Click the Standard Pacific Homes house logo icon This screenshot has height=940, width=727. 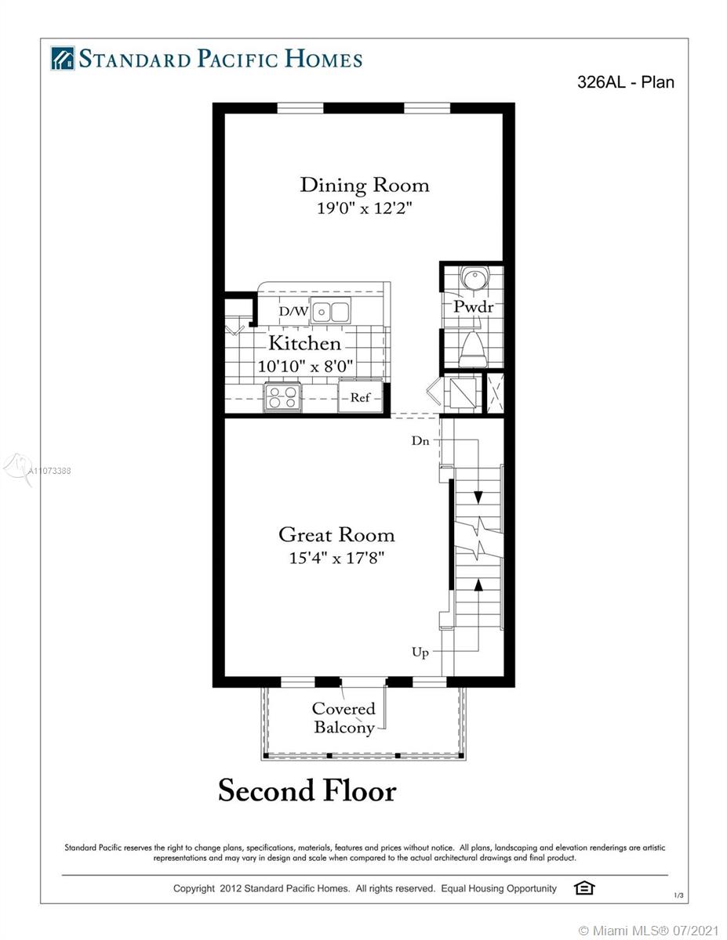click(63, 59)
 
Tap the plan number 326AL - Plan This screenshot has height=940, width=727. click(625, 82)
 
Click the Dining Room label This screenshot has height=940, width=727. click(365, 186)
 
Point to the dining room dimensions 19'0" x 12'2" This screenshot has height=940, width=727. click(364, 208)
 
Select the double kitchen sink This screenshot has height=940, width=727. click(331, 311)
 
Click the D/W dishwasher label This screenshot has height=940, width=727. click(293, 311)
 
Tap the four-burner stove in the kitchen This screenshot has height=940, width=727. click(283, 397)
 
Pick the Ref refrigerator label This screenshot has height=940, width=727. click(360, 398)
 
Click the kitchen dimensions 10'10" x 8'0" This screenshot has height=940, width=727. click(305, 367)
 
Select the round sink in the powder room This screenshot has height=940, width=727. click(474, 277)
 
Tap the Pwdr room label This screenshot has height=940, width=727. click(473, 307)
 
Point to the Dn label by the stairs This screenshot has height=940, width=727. click(420, 441)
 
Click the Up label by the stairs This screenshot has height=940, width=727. click(420, 653)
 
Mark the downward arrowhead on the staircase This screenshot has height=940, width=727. click(478, 497)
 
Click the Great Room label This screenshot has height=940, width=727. click(336, 535)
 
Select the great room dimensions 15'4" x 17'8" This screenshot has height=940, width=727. click(336, 558)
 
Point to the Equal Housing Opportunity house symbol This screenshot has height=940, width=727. click(584, 888)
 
